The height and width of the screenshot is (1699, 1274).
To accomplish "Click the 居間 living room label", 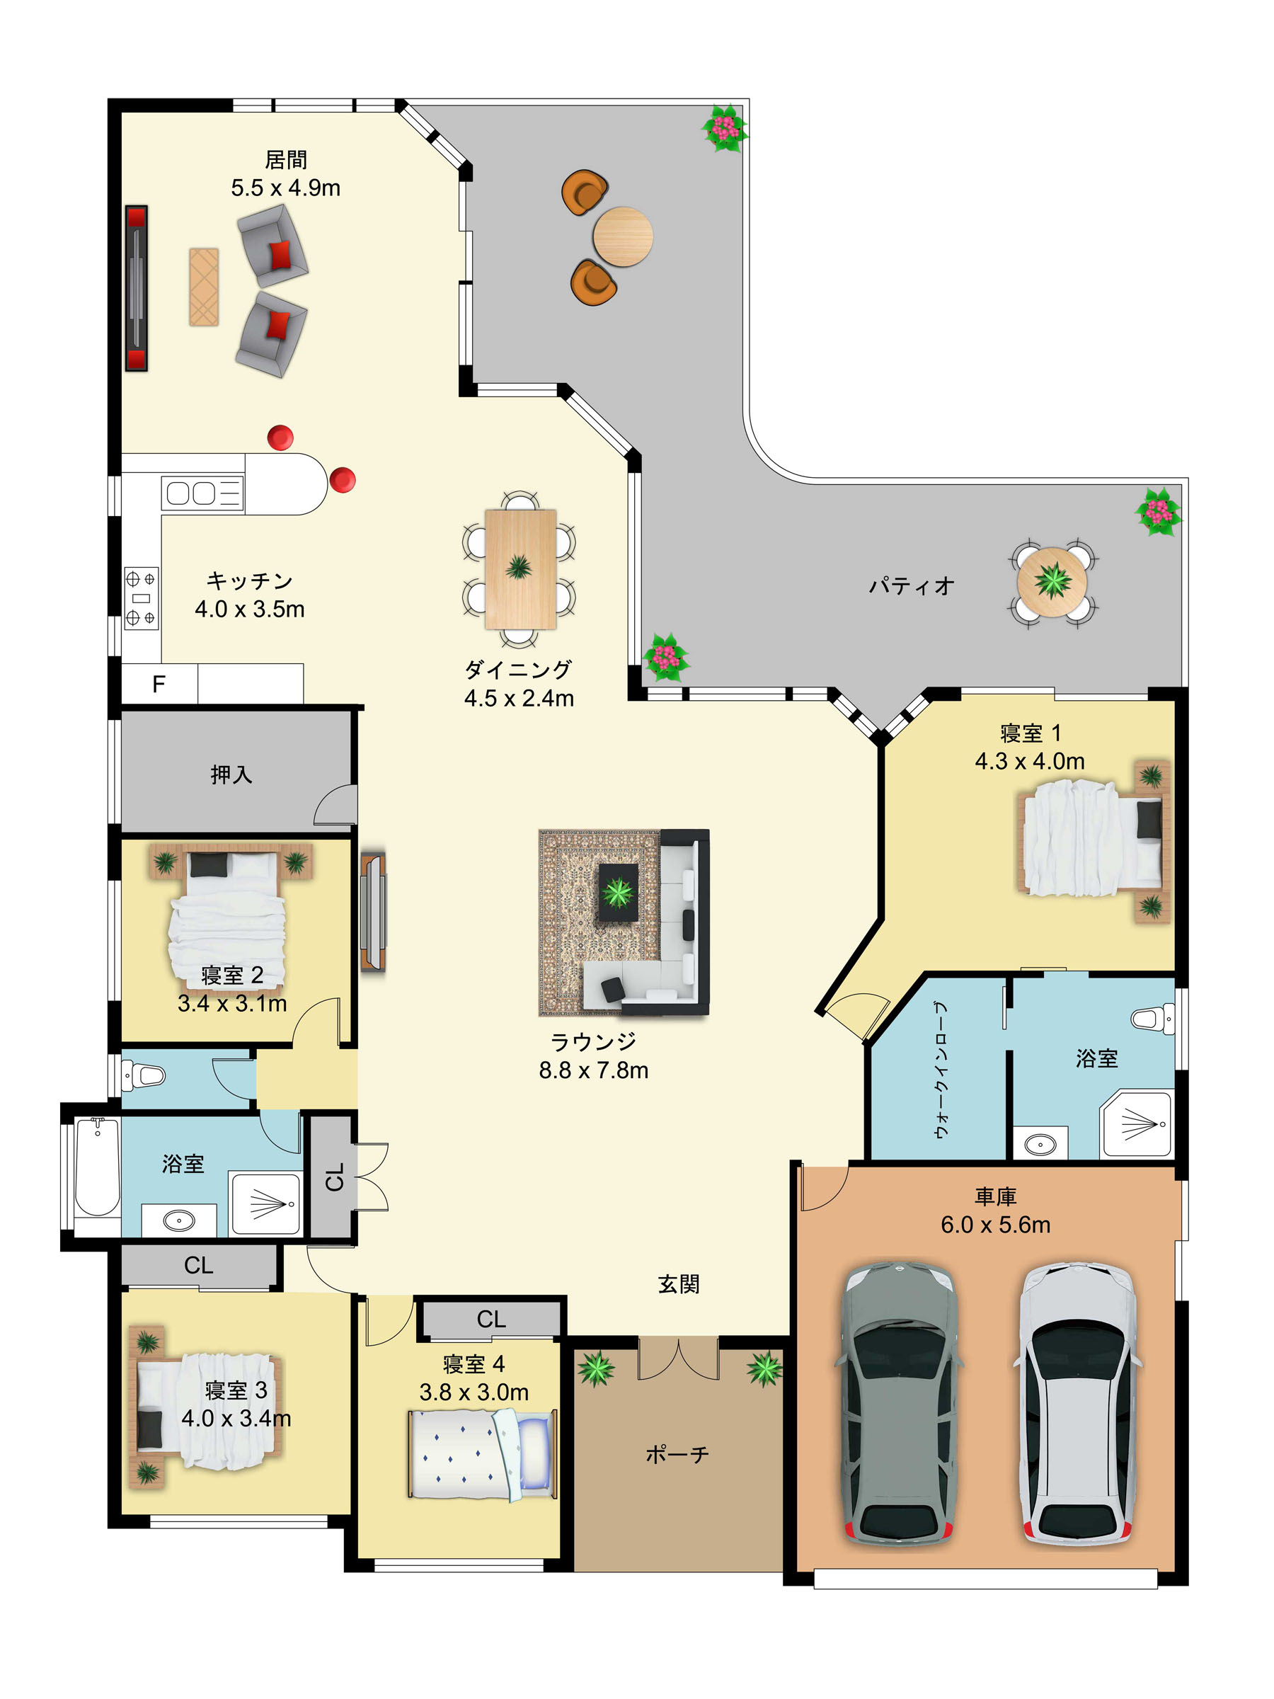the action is [286, 160].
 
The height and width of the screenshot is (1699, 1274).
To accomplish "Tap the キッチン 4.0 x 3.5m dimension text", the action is [250, 609].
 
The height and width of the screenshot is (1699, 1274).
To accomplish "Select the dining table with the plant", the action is [520, 569].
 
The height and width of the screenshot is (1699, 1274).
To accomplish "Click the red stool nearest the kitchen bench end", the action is [343, 480].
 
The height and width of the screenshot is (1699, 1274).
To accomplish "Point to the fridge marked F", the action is [159, 684].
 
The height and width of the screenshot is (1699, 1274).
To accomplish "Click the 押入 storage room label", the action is [231, 774].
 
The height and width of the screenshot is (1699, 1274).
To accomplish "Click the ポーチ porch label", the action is [677, 1454].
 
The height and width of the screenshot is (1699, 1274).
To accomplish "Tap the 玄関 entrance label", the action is [678, 1284].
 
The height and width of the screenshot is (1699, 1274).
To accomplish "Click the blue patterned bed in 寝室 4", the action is [481, 1454].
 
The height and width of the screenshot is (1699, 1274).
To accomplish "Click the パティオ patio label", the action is [912, 586].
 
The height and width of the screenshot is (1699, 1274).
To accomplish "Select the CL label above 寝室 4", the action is [490, 1319].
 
